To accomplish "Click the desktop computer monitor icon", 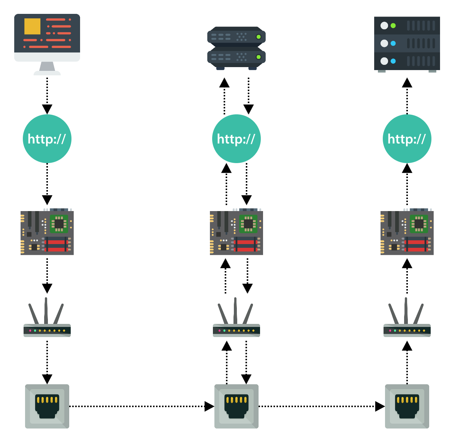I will pos(47,41).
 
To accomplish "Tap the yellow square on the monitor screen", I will pos(33,26).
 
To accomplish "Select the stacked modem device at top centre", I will pos(236,48).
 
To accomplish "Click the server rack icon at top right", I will pos(407,43).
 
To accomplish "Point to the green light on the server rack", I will pos(393,26).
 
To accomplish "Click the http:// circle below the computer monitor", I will pos(47,139).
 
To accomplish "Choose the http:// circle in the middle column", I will pos(236,139).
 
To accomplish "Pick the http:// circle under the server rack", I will pos(407,139).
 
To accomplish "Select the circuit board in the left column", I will pos(47,232).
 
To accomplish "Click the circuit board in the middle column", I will pos(236,232).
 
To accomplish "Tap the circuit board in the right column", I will pos(407,232).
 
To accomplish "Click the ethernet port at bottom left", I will pos(47,406).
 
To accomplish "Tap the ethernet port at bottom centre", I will pos(236,406).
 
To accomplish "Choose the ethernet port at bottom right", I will pos(407,406).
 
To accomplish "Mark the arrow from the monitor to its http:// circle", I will pos(47,96).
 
